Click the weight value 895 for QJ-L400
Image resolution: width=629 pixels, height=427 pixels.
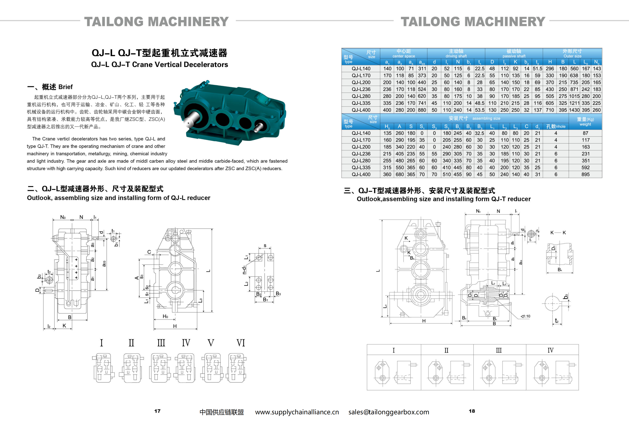click(585, 174)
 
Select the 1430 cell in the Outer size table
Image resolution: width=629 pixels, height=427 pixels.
click(574, 110)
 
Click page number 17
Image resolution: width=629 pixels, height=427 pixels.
click(157, 411)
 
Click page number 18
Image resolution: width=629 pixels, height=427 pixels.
click(472, 411)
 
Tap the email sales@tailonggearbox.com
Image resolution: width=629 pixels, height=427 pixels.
click(389, 412)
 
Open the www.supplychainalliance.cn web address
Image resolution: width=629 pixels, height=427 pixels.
click(297, 412)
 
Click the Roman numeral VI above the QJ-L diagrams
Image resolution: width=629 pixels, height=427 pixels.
click(241, 343)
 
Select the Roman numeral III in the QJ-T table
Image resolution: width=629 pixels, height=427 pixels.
click(499, 350)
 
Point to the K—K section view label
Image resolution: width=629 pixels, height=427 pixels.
click(558, 233)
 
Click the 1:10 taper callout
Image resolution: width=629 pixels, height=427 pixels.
click(526, 316)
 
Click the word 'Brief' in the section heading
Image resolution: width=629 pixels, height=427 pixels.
click(66, 87)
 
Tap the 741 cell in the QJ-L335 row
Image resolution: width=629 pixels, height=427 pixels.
click(422, 103)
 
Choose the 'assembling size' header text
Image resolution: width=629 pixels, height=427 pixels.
click(486, 118)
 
